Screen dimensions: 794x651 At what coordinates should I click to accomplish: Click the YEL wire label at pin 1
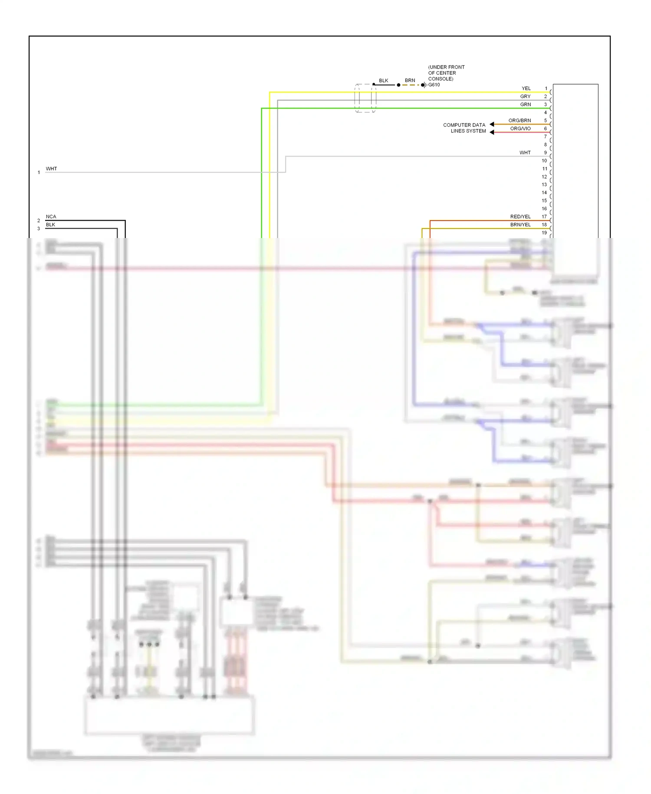526,88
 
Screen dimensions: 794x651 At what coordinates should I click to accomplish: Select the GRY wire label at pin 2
525,96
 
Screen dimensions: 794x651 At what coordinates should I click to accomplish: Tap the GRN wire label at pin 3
525,104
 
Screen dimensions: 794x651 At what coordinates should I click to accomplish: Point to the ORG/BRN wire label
519,120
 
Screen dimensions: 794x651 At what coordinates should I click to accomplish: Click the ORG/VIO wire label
520,129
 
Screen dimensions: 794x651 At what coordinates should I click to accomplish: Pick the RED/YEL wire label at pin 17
520,216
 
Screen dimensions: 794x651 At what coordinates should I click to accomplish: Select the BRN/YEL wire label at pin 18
520,225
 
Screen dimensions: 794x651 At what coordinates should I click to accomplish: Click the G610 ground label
434,85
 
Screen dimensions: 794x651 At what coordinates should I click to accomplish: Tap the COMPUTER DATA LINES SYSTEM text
464,128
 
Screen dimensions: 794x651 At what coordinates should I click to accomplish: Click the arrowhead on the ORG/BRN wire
492,124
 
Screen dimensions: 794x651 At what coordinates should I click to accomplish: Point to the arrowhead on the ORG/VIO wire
492,132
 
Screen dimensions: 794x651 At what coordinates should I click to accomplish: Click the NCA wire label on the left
51,216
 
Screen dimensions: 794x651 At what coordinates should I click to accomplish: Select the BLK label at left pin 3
50,225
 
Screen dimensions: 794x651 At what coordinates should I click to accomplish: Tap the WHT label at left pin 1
51,169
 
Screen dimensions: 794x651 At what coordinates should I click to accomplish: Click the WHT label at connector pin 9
525,152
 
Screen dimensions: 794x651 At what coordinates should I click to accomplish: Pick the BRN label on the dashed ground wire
410,80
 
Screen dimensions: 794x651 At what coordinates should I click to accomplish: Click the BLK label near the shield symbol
383,80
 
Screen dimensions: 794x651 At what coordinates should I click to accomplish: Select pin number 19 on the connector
544,232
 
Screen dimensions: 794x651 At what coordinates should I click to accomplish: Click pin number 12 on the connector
544,177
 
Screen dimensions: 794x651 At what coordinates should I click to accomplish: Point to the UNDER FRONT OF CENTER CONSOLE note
446,73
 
